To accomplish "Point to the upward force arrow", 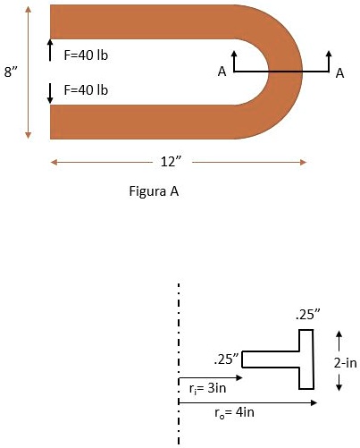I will [x=50, y=50].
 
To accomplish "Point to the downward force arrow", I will [x=50, y=90].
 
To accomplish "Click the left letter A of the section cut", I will [x=221, y=73].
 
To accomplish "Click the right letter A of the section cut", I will [x=340, y=73].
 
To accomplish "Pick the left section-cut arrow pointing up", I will [x=235, y=60].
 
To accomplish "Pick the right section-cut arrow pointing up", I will [x=331, y=59].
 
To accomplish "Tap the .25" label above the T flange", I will [x=307, y=316].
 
